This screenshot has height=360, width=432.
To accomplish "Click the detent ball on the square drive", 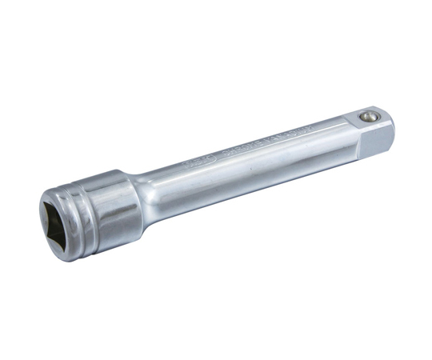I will [368, 117].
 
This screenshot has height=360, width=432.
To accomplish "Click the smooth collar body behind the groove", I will [112, 200].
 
